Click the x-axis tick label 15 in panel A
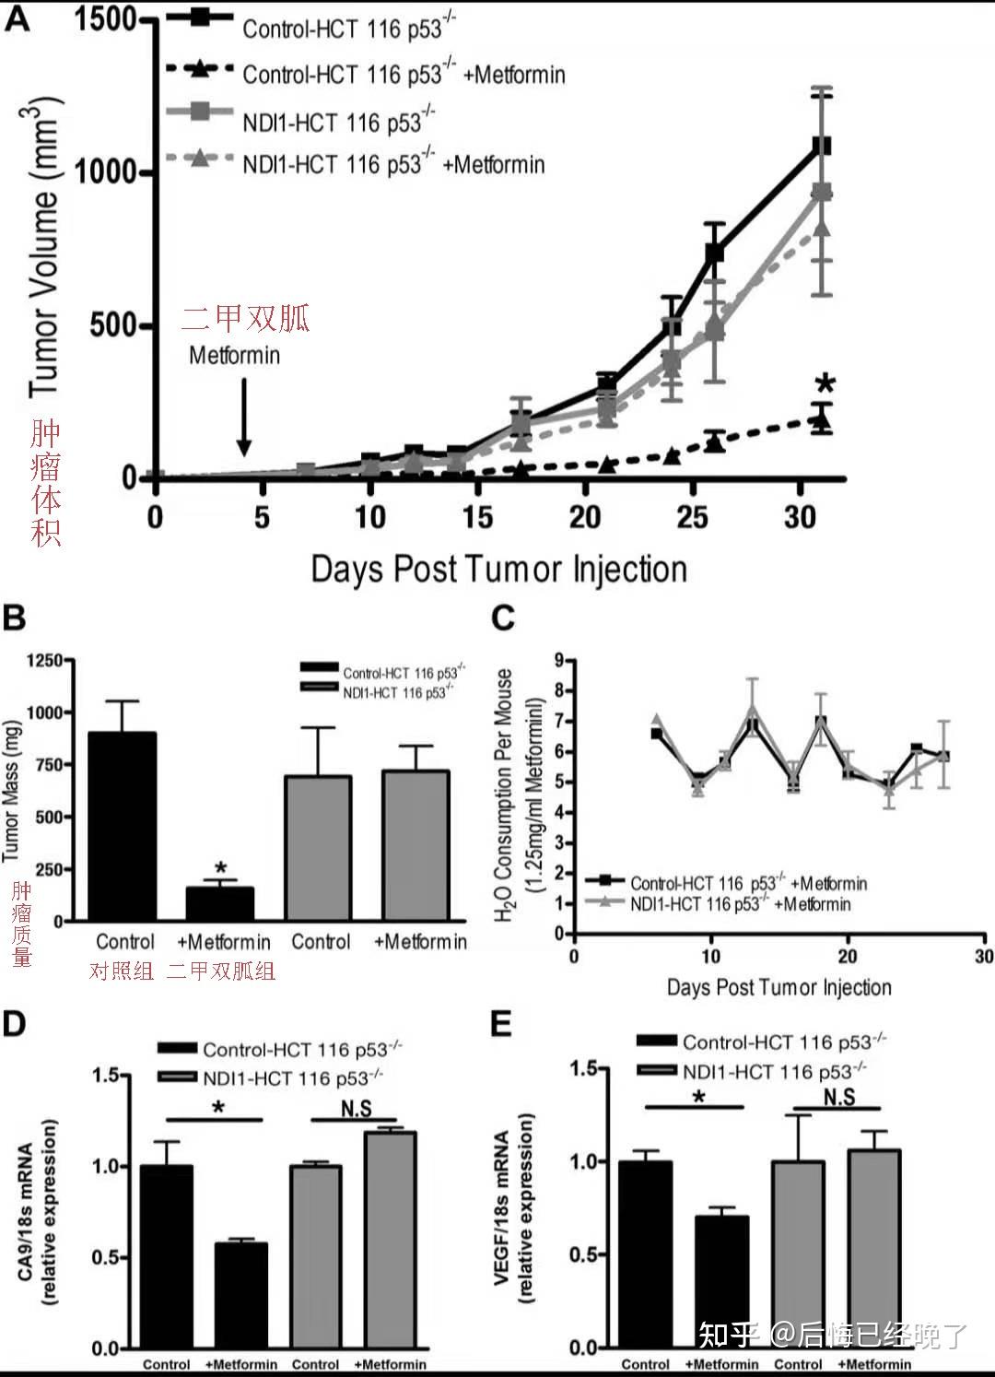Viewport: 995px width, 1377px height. [x=477, y=517]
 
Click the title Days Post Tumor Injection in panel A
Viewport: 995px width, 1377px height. [x=498, y=569]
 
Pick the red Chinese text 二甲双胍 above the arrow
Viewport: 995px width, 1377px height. [x=245, y=318]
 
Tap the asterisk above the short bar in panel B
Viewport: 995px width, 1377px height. [x=220, y=868]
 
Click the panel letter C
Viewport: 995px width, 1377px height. [x=503, y=618]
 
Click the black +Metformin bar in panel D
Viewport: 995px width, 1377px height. [x=241, y=1296]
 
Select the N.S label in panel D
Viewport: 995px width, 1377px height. [x=356, y=1108]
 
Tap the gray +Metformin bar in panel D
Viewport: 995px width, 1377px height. [x=390, y=1240]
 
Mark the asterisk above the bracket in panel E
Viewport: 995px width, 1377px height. [x=699, y=1097]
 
